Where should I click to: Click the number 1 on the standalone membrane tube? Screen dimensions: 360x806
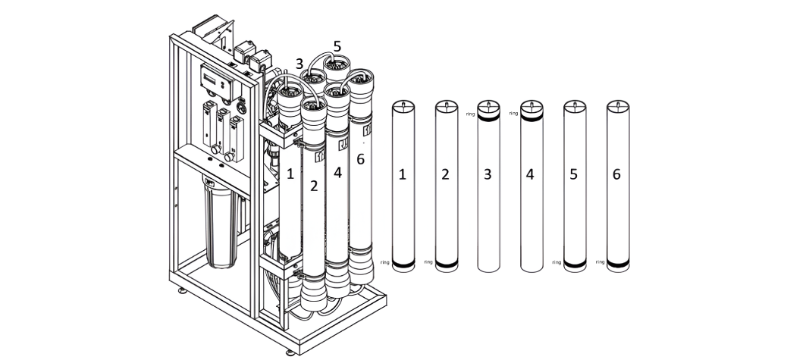point(403,174)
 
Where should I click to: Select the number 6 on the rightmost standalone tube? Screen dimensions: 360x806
point(616,174)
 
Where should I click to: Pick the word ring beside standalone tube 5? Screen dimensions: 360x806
point(557,262)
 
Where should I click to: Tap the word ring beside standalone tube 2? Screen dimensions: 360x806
point(428,262)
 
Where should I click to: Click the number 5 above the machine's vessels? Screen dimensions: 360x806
point(337,46)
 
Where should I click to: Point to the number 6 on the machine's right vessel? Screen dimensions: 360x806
point(360,158)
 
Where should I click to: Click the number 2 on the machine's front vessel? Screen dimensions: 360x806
point(313,186)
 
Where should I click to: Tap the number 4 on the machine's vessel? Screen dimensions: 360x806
point(337,172)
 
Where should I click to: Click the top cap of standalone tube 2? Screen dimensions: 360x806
point(445,105)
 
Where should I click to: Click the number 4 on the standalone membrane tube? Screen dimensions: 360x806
point(531,174)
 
